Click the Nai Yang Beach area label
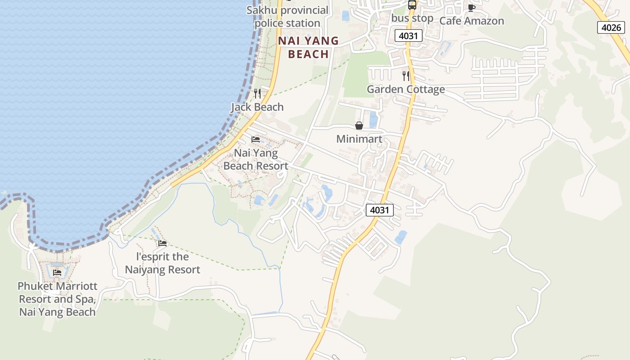(x=308, y=47)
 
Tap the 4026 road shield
(x=611, y=27)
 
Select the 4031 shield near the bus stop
(x=409, y=36)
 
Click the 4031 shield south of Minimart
(x=379, y=210)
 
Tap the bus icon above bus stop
(x=412, y=5)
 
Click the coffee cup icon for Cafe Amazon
(x=471, y=8)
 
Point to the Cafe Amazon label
(x=471, y=21)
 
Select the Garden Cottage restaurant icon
(x=405, y=76)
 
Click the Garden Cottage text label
(x=405, y=89)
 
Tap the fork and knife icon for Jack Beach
(x=257, y=93)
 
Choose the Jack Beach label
(x=257, y=107)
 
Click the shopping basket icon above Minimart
(x=359, y=126)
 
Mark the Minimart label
(x=359, y=139)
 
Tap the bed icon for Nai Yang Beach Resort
(x=256, y=139)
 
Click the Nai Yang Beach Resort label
(x=256, y=159)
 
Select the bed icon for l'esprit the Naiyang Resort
(x=162, y=243)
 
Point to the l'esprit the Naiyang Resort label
(x=162, y=263)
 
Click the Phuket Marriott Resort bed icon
(x=57, y=272)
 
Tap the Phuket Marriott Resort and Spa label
(x=57, y=299)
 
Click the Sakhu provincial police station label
(x=288, y=17)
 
